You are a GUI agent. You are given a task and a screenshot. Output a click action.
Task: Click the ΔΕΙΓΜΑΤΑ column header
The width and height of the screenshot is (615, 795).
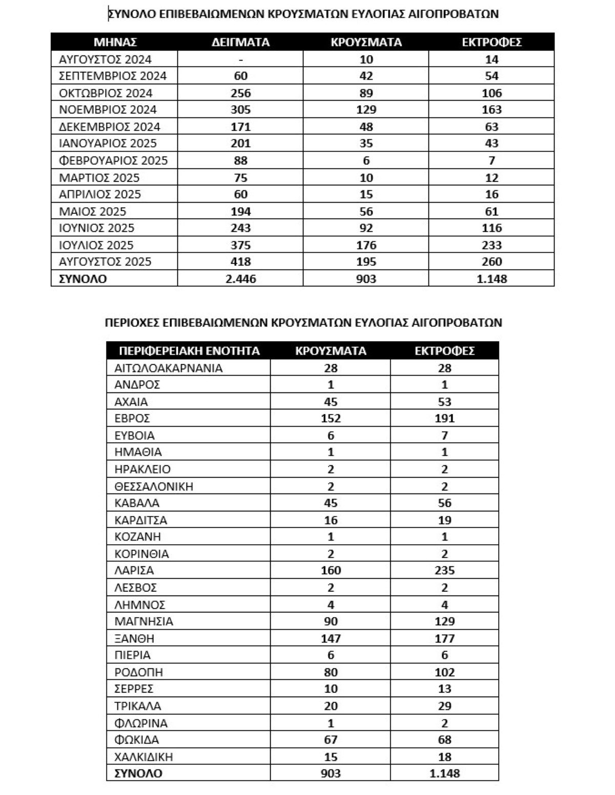(x=240, y=42)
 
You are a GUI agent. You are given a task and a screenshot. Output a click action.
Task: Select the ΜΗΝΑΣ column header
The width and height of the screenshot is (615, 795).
(x=115, y=42)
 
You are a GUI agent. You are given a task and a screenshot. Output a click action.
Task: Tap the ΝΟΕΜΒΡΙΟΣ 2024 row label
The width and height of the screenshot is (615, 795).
(x=108, y=109)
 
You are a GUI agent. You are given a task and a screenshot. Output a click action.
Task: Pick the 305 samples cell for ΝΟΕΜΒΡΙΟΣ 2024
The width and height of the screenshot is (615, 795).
(x=240, y=109)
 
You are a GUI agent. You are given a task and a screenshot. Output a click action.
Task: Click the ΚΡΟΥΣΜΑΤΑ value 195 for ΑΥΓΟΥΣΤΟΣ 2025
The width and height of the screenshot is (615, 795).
(x=366, y=262)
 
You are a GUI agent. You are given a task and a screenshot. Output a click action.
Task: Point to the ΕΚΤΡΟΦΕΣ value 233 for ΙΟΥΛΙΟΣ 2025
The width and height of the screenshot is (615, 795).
(x=491, y=245)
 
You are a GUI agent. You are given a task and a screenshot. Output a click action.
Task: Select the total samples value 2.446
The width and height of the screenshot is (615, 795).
(x=240, y=279)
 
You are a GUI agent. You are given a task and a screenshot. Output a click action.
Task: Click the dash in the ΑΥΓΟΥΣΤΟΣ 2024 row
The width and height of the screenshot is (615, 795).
(x=240, y=59)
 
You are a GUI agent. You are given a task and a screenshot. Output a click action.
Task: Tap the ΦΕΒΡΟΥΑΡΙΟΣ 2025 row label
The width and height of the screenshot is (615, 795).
(x=113, y=161)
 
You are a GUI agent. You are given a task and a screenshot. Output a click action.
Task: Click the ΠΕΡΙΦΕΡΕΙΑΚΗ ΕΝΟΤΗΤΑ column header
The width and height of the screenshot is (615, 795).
(x=189, y=351)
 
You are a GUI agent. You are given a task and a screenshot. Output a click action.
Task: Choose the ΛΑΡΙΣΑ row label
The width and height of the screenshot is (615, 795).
(x=134, y=570)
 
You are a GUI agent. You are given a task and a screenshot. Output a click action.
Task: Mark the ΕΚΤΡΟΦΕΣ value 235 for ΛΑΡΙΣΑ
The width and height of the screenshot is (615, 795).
(x=444, y=570)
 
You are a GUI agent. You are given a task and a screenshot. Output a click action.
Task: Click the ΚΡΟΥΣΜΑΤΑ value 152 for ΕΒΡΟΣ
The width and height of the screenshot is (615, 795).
(x=331, y=418)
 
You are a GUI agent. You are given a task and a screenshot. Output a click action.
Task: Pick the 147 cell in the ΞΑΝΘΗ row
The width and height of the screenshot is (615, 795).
(x=331, y=639)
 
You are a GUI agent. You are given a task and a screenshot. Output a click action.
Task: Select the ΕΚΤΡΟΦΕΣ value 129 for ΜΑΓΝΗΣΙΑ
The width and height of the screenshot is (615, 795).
(x=444, y=622)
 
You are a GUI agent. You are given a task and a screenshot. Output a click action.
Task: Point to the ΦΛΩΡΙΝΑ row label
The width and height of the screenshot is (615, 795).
(x=141, y=723)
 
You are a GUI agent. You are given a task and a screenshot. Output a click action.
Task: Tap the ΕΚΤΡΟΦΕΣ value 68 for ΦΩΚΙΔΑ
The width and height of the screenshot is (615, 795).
(x=444, y=740)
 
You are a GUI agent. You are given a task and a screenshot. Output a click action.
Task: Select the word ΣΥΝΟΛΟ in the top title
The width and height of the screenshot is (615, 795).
(x=131, y=14)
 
